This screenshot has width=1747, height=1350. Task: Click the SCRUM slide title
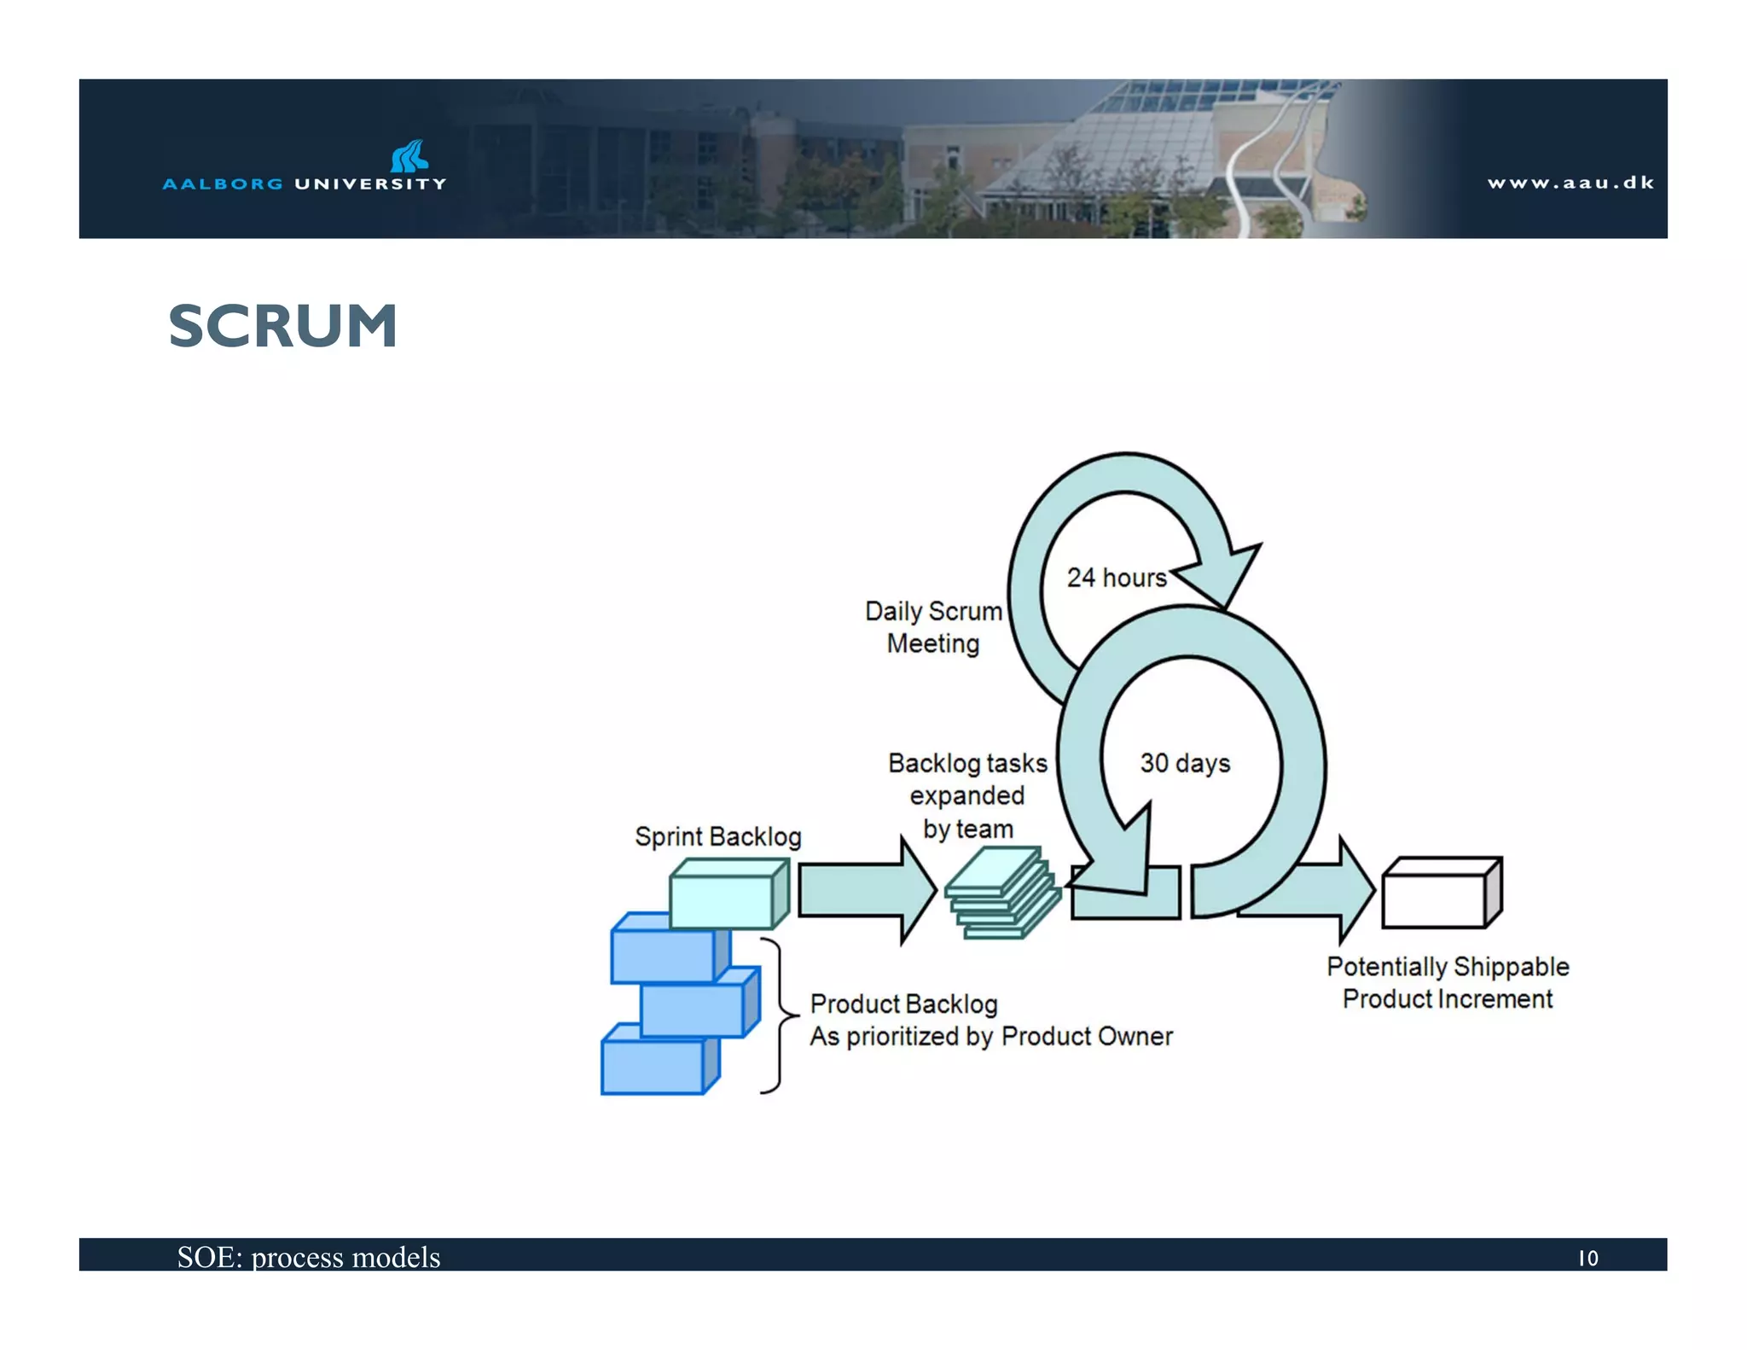click(282, 326)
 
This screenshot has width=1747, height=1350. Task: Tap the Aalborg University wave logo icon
click(409, 156)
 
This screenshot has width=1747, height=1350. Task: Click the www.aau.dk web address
click(1570, 183)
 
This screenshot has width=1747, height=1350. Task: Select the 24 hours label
click(1116, 578)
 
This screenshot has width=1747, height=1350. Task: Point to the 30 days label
click(1185, 763)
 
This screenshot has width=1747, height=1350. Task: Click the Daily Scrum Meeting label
click(933, 627)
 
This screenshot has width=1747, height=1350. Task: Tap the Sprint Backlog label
click(717, 836)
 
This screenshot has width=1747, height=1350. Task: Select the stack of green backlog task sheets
click(1001, 893)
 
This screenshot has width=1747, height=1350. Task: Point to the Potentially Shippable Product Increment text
click(1448, 982)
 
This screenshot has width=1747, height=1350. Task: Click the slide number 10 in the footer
click(1587, 1258)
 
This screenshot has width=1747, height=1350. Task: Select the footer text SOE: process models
click(308, 1257)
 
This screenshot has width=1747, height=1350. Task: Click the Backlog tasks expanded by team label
click(967, 795)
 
